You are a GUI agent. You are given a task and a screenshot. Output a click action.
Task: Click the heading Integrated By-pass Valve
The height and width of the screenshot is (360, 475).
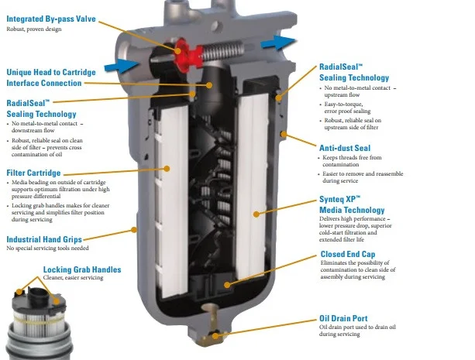(x=51, y=19)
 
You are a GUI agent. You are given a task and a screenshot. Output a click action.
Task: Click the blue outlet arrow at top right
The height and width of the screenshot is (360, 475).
(x=277, y=43)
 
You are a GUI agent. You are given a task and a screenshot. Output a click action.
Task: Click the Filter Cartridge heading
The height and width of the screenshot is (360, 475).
(x=33, y=173)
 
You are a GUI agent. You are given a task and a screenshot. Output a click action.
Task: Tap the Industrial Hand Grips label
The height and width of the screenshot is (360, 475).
(x=44, y=239)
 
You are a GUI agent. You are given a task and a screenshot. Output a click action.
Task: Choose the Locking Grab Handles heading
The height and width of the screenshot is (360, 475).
(x=82, y=269)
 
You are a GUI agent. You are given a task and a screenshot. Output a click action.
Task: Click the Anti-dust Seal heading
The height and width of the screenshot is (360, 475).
(x=345, y=148)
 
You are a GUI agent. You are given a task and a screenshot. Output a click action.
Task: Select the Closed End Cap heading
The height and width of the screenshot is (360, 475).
(x=348, y=255)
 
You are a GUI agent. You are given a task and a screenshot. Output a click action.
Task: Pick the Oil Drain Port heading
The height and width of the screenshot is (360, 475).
(x=343, y=318)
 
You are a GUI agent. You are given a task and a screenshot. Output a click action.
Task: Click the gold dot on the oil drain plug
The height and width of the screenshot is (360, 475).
(x=215, y=336)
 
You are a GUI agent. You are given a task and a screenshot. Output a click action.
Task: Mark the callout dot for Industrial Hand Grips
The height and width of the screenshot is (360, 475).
(x=133, y=230)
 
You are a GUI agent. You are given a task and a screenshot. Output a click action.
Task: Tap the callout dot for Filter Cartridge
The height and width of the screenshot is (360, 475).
(x=167, y=169)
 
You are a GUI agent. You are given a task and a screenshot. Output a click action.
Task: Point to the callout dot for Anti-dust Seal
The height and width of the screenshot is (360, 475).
(x=284, y=134)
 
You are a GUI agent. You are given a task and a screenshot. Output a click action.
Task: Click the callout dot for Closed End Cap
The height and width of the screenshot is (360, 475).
(x=227, y=285)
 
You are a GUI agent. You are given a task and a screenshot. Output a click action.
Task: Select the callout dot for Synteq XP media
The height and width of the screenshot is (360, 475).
(x=256, y=214)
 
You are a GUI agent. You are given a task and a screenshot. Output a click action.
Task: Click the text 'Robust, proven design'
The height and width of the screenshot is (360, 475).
(x=34, y=29)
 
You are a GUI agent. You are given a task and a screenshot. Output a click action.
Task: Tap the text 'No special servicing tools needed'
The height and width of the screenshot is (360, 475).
(x=47, y=249)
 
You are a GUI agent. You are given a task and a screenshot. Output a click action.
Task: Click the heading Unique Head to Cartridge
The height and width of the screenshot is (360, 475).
(x=51, y=72)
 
